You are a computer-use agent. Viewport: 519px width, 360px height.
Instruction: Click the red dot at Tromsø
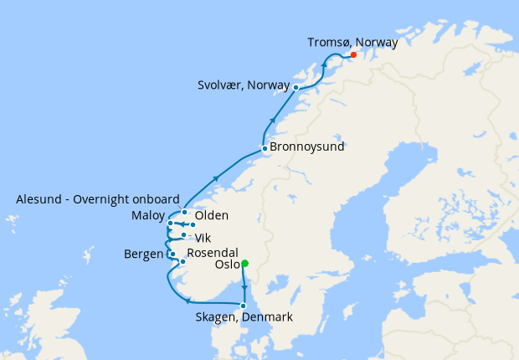pyautogui.click(x=353, y=55)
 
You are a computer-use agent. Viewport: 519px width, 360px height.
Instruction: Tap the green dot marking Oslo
pyautogui.click(x=244, y=264)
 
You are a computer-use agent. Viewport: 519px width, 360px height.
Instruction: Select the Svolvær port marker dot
pyautogui.click(x=296, y=86)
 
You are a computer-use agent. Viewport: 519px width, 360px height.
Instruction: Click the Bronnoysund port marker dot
pyautogui.click(x=265, y=149)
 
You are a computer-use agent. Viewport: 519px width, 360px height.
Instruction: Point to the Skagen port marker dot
pyautogui.click(x=244, y=306)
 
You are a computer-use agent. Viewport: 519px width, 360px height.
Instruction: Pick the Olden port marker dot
pyautogui.click(x=193, y=224)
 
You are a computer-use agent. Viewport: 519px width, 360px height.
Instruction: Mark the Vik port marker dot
pyautogui.click(x=183, y=235)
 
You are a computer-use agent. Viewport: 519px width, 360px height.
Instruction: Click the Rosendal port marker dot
pyautogui.click(x=182, y=262)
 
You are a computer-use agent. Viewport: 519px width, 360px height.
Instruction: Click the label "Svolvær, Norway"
pyautogui.click(x=244, y=85)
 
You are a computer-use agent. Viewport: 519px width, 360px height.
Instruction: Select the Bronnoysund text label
pyautogui.click(x=307, y=147)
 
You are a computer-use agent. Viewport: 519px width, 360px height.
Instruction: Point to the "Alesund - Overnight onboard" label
pyautogui.click(x=98, y=199)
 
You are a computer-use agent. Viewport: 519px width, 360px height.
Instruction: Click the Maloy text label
pyautogui.click(x=148, y=216)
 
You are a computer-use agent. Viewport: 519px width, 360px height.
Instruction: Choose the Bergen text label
pyautogui.click(x=144, y=253)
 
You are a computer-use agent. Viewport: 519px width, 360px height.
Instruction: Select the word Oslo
pyautogui.click(x=226, y=265)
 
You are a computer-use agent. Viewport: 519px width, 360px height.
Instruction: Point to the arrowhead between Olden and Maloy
pyautogui.click(x=179, y=224)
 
